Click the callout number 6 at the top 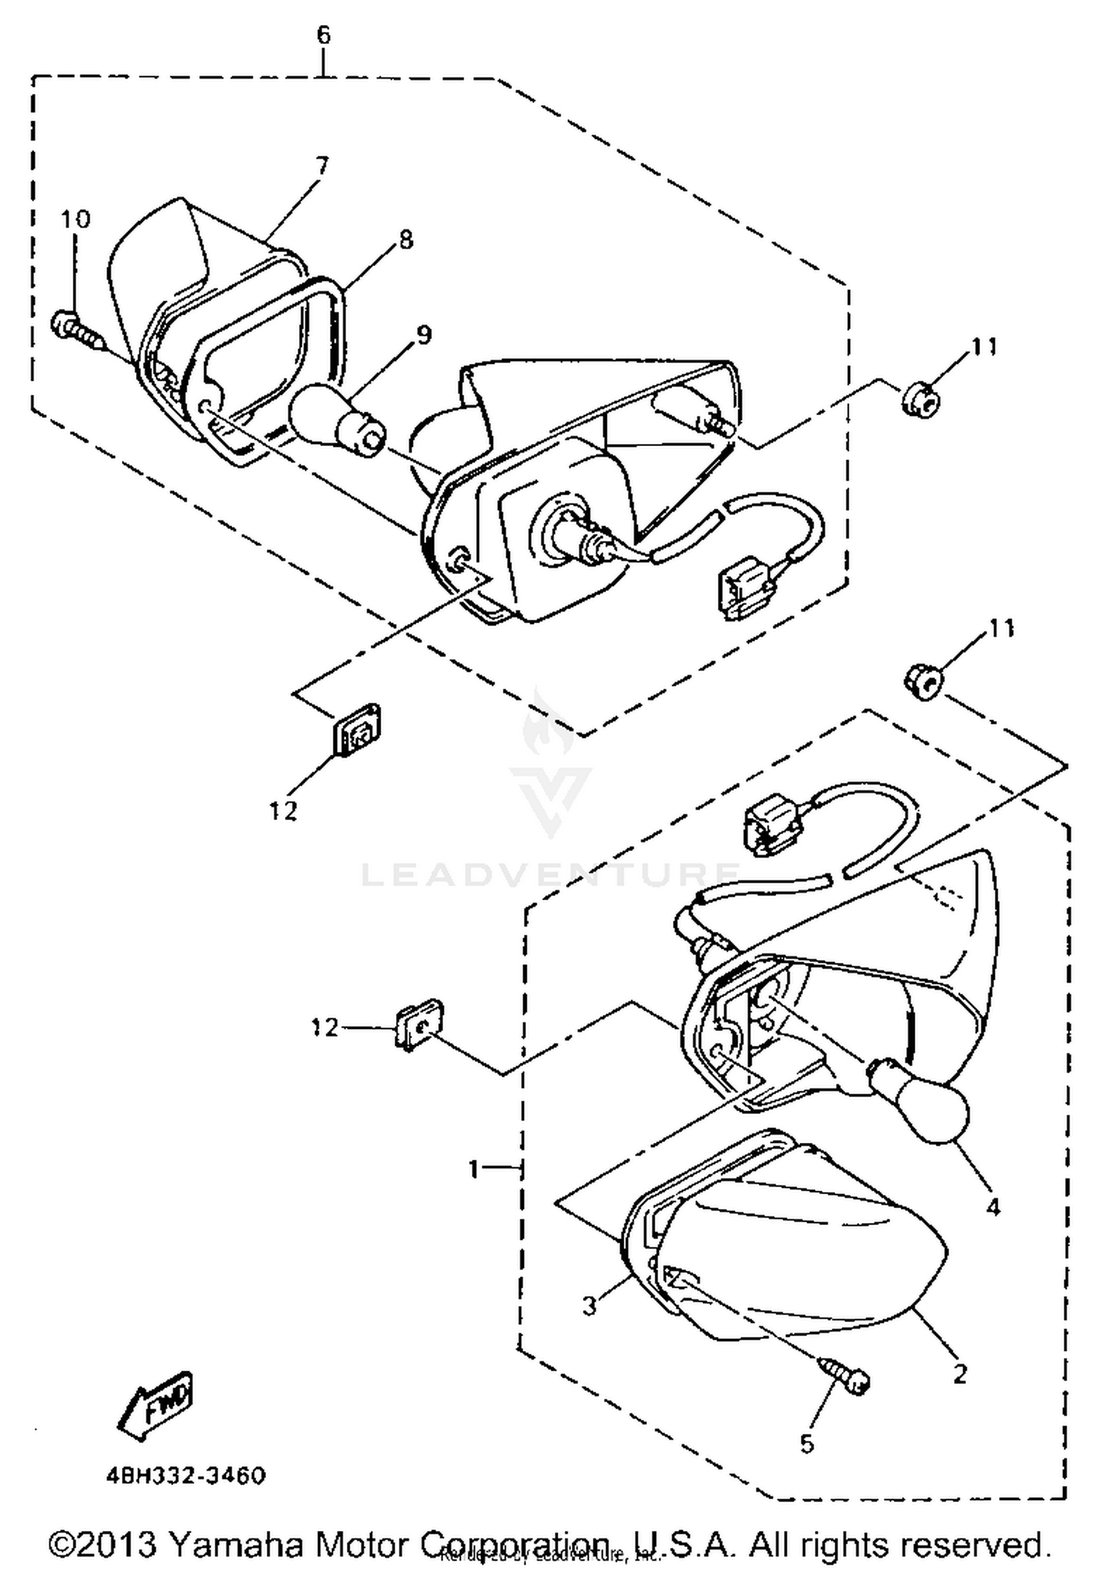point(324,35)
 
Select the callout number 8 point(405,240)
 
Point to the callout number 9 point(424,334)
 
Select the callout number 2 point(960,1373)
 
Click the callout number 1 point(475,1168)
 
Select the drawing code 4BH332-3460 point(186,1475)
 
